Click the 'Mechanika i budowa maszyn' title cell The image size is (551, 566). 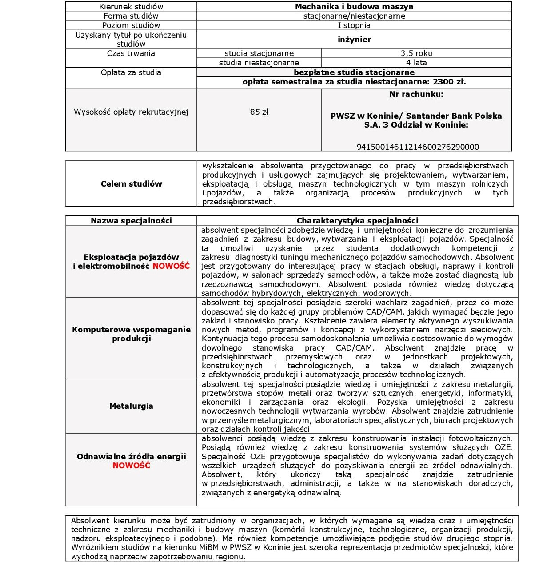354,7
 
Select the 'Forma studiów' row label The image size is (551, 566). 131,16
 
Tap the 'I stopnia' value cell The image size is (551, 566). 354,25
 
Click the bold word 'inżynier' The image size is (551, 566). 354,40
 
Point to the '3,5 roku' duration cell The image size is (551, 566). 416,53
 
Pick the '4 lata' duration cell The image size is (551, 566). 416,63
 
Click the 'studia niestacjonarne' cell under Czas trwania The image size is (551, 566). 259,63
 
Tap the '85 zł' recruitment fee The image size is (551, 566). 259,112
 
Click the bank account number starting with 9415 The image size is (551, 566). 418,147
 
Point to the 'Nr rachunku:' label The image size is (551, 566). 416,94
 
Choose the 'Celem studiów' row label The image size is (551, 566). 131,184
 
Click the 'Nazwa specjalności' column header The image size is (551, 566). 131,221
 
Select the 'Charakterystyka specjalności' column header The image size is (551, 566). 357,221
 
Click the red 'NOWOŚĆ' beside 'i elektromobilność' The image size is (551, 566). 171,266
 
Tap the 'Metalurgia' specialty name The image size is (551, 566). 131,406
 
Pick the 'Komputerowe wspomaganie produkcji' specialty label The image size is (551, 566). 131,334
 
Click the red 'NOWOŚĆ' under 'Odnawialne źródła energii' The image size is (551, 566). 131,466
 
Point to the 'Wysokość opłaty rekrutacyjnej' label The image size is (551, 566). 131,112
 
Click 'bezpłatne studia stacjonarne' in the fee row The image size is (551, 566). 354,72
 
